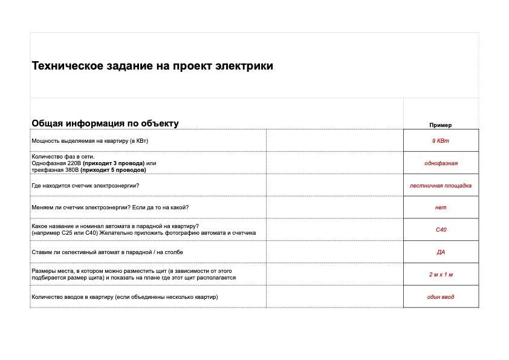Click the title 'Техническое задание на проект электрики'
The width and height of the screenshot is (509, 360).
(152, 66)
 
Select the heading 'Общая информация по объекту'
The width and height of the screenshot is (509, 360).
(105, 123)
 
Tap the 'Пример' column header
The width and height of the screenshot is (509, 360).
(441, 125)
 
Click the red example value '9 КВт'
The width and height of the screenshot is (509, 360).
(441, 140)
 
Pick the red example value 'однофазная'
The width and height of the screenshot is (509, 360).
(441, 163)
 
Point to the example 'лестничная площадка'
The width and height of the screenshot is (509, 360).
(441, 186)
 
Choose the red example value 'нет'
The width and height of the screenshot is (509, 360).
(441, 208)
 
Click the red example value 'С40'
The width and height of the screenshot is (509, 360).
(441, 230)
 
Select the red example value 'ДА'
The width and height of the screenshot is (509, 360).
(441, 252)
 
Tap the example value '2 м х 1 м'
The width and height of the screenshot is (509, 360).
(441, 275)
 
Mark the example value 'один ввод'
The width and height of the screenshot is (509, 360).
(441, 297)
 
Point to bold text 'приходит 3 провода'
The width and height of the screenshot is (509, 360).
(114, 163)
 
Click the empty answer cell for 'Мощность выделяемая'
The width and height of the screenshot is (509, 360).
(334, 140)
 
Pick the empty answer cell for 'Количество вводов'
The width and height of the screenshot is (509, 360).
(334, 297)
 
